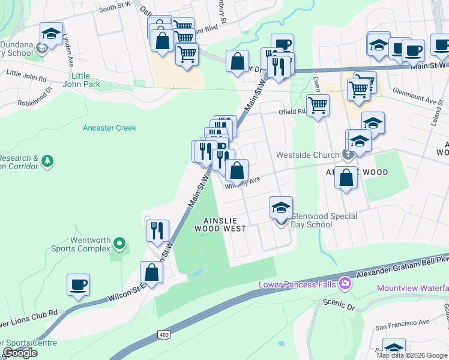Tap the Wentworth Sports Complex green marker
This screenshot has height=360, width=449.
(119, 244)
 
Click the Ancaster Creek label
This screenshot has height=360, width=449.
(109, 128)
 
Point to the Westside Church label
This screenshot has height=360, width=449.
(307, 155)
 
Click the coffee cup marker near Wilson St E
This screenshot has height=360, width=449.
(78, 284)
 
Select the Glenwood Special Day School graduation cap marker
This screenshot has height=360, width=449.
(281, 207)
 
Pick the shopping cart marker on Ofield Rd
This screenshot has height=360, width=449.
(318, 106)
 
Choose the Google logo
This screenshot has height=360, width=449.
(20, 353)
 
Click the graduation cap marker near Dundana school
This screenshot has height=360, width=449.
(52, 33)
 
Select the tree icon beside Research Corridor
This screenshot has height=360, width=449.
(47, 161)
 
